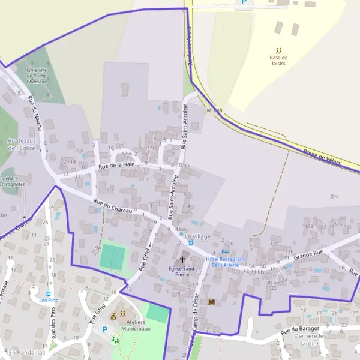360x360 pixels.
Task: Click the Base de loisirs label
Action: [x=279, y=60]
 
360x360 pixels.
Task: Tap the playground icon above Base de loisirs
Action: [x=278, y=50]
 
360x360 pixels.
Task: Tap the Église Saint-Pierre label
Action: [x=183, y=271]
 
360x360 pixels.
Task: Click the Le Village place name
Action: [x=198, y=236]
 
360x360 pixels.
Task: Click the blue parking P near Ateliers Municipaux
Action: [x=104, y=329]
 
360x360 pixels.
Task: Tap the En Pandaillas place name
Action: [x=26, y=352]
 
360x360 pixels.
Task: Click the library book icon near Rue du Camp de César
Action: [x=211, y=302]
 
